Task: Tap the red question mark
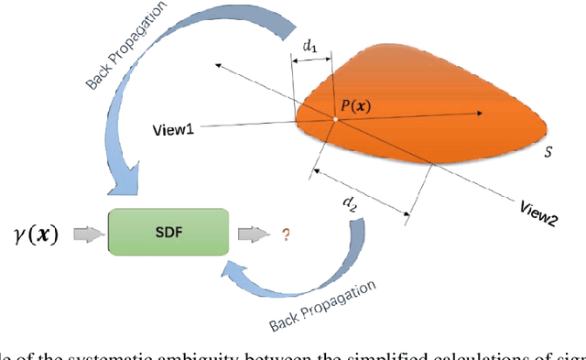coord(286,235)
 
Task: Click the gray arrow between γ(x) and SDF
coord(86,235)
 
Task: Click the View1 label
coord(173,129)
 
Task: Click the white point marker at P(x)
coord(335,119)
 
